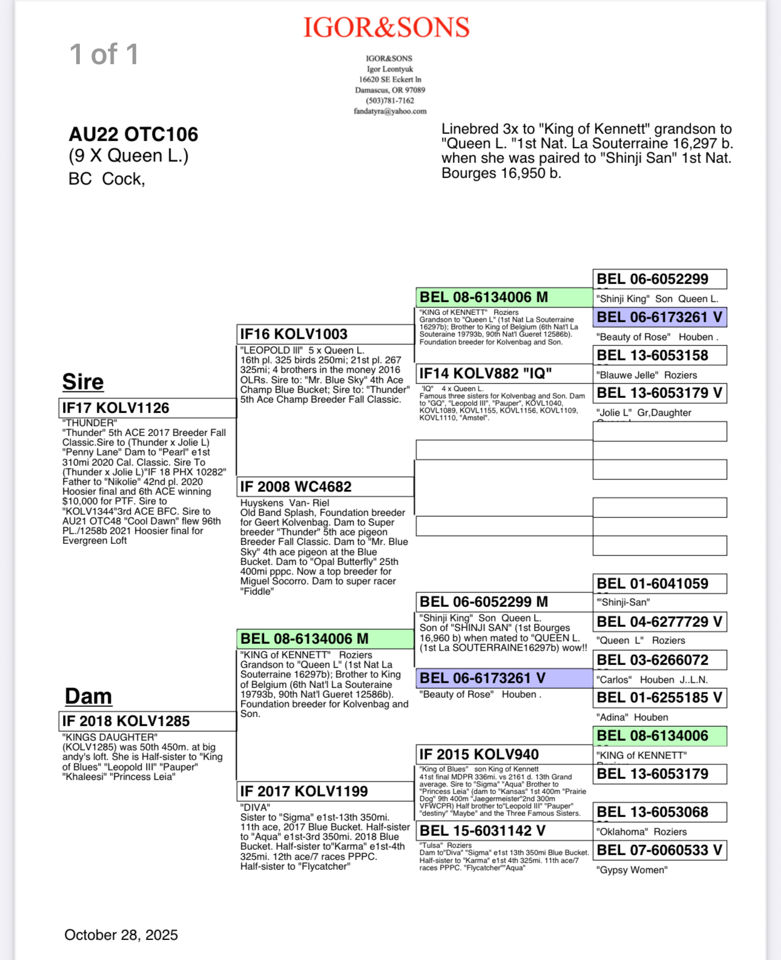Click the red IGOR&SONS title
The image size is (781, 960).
(386, 28)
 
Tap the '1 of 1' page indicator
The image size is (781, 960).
(104, 55)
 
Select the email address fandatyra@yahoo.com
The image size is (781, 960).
(390, 111)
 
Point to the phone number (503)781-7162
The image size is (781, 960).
(390, 101)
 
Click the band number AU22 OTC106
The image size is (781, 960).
(133, 134)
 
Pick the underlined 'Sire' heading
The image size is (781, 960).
(83, 382)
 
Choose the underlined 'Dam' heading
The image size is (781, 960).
(88, 697)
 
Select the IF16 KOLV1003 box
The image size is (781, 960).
(325, 334)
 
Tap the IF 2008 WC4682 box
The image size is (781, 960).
(325, 487)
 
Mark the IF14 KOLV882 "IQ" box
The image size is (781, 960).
(504, 374)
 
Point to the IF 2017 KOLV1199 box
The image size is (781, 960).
(325, 792)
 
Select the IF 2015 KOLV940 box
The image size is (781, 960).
(504, 755)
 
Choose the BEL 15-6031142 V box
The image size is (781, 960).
(504, 831)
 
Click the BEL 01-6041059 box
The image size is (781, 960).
(659, 584)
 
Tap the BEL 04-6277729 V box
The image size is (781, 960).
(659, 622)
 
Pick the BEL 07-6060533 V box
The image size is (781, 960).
(659, 850)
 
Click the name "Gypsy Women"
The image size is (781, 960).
(632, 870)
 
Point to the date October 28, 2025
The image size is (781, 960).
(121, 935)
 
